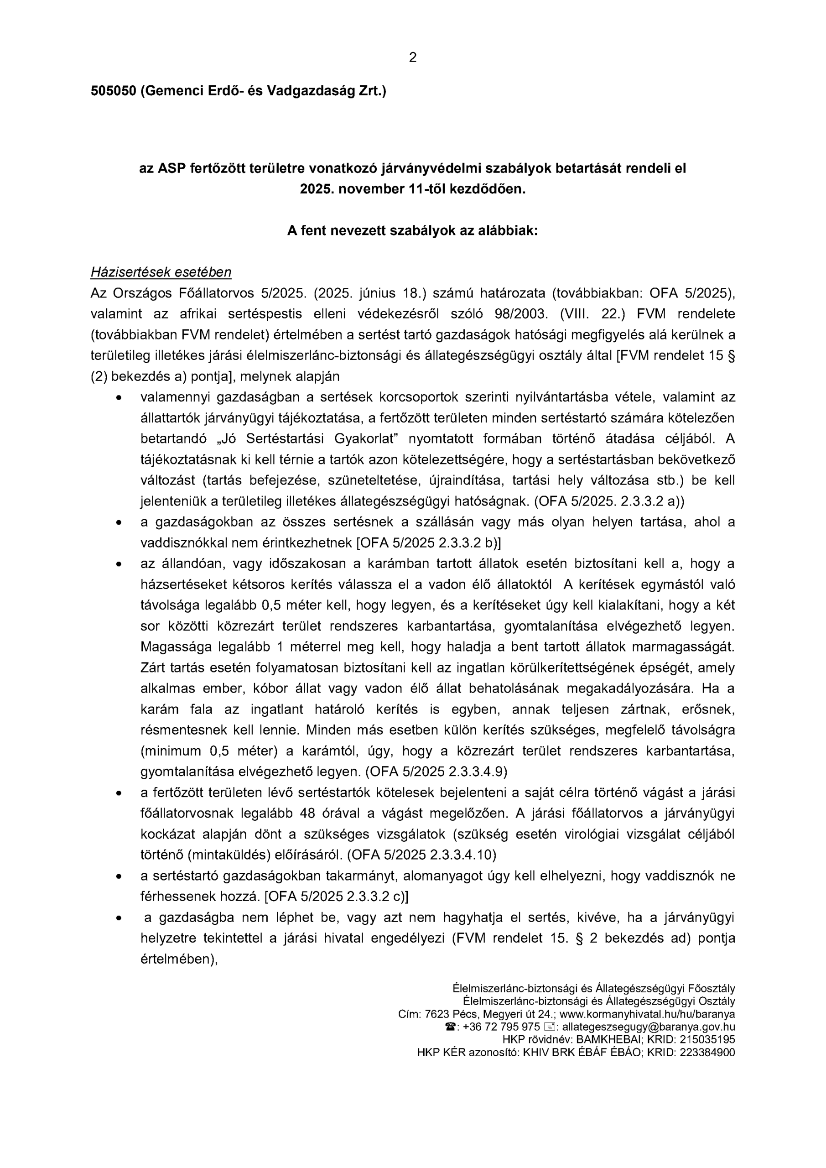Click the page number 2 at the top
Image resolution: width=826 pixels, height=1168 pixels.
point(412,58)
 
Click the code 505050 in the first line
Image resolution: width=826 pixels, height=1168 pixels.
point(114,91)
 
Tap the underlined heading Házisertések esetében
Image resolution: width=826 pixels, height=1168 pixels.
point(161,272)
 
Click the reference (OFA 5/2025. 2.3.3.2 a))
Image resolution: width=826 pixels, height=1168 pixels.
point(609,501)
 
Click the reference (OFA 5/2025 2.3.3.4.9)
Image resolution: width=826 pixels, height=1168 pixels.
point(436,772)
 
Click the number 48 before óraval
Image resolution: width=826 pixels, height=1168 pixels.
point(308,813)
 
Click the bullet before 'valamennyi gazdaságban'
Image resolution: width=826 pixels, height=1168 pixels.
point(119,397)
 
